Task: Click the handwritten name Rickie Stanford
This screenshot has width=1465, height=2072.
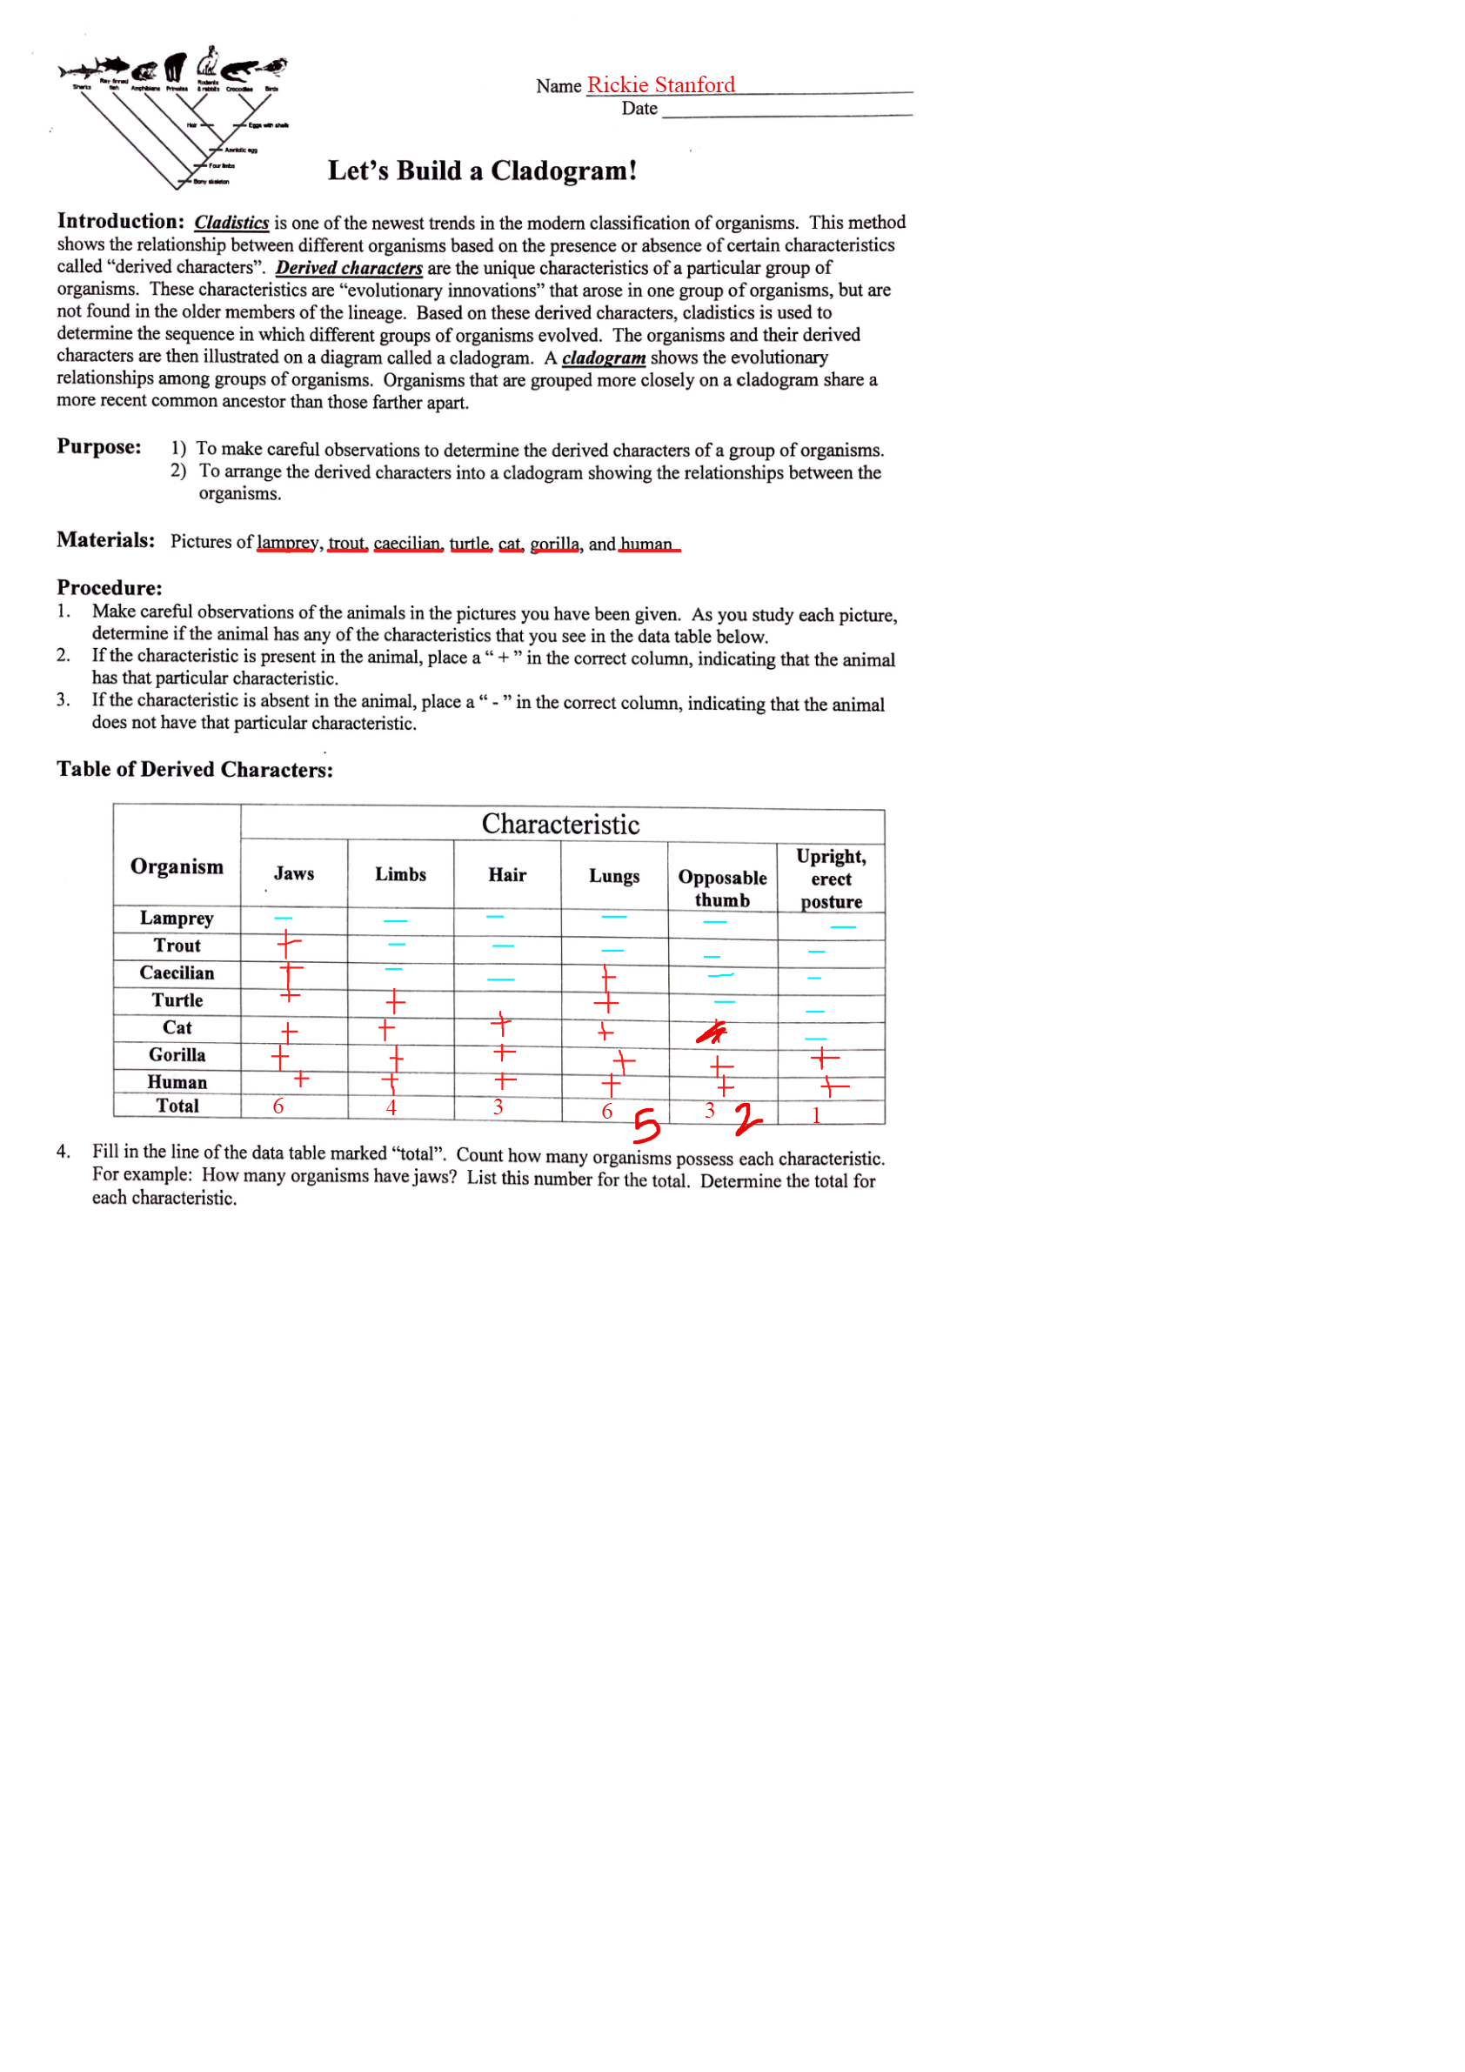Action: tap(661, 85)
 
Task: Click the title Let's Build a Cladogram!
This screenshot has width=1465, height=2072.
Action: tap(482, 170)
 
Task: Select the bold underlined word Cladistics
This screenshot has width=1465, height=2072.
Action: tap(232, 223)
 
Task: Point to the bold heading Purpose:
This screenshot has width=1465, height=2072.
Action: tap(99, 447)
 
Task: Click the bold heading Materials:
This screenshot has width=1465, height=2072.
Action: tap(105, 539)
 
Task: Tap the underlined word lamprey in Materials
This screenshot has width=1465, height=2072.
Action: tap(287, 543)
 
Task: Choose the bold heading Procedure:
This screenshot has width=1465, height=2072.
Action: tap(110, 587)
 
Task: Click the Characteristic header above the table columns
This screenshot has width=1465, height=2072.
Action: tap(560, 824)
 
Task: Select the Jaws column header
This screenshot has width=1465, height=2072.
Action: tap(294, 873)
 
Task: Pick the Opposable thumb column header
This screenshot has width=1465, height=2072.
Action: tap(722, 888)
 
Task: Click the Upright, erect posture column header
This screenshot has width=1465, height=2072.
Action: tap(832, 878)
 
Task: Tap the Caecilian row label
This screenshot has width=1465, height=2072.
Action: tap(177, 973)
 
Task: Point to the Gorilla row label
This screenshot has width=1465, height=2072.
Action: tap(177, 1055)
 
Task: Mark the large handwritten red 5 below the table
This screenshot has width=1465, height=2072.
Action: tap(646, 1125)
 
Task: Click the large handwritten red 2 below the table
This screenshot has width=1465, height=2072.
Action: tap(746, 1120)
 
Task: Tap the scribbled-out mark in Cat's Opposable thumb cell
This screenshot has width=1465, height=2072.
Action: tap(712, 1032)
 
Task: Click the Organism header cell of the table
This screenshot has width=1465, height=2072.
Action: tap(177, 866)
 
